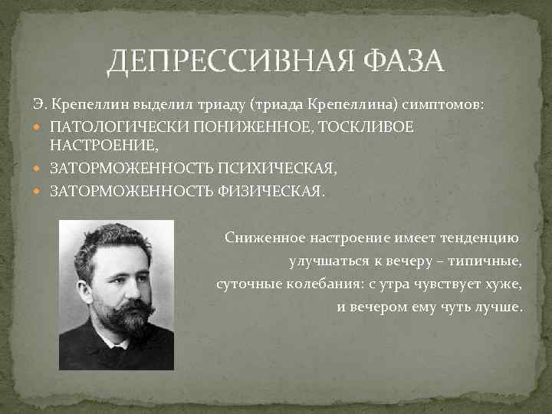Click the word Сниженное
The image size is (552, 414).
(261, 238)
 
